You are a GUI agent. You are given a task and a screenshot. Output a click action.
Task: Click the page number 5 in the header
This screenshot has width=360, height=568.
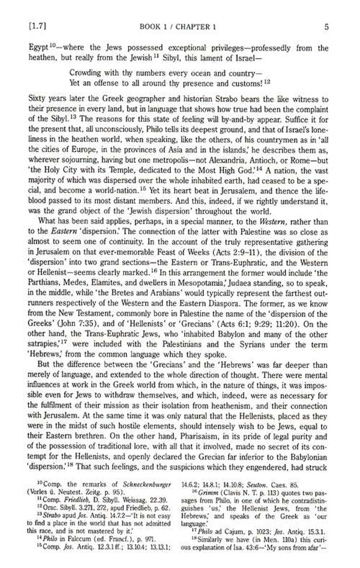326,27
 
